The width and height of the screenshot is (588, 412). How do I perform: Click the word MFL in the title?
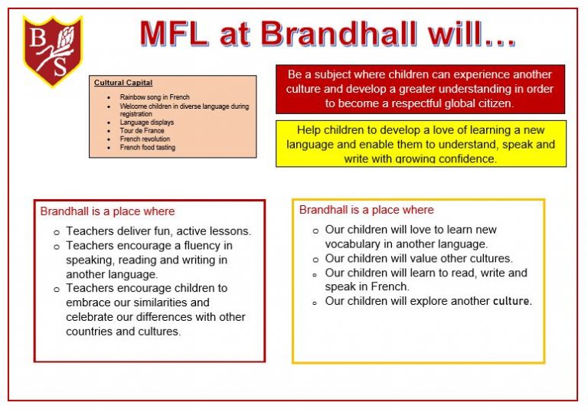[185, 34]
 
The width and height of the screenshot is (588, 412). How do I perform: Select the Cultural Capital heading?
[123, 83]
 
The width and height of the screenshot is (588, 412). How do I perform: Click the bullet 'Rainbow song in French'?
[155, 98]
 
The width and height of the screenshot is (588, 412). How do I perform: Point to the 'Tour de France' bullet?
[142, 131]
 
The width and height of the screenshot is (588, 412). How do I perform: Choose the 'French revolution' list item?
[145, 139]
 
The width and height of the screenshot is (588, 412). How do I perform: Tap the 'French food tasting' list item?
[147, 148]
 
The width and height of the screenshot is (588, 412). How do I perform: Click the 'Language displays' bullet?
[146, 123]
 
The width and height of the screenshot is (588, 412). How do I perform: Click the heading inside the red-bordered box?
[107, 211]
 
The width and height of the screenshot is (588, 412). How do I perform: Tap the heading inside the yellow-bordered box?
[366, 210]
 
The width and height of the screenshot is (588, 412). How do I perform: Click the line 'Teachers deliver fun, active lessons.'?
[158, 231]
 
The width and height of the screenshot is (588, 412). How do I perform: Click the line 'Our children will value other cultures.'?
[419, 259]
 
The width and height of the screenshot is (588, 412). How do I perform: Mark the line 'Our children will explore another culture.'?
[428, 302]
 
